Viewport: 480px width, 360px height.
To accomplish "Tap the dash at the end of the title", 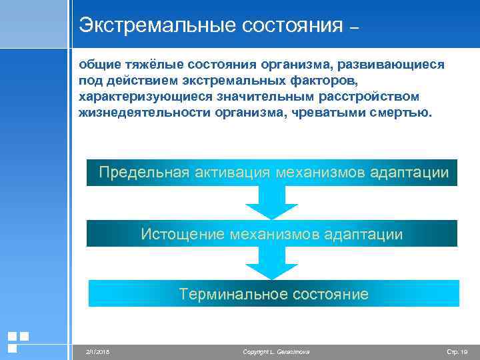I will tap(353, 28).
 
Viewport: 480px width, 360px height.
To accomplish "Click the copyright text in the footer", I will tap(276, 351).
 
